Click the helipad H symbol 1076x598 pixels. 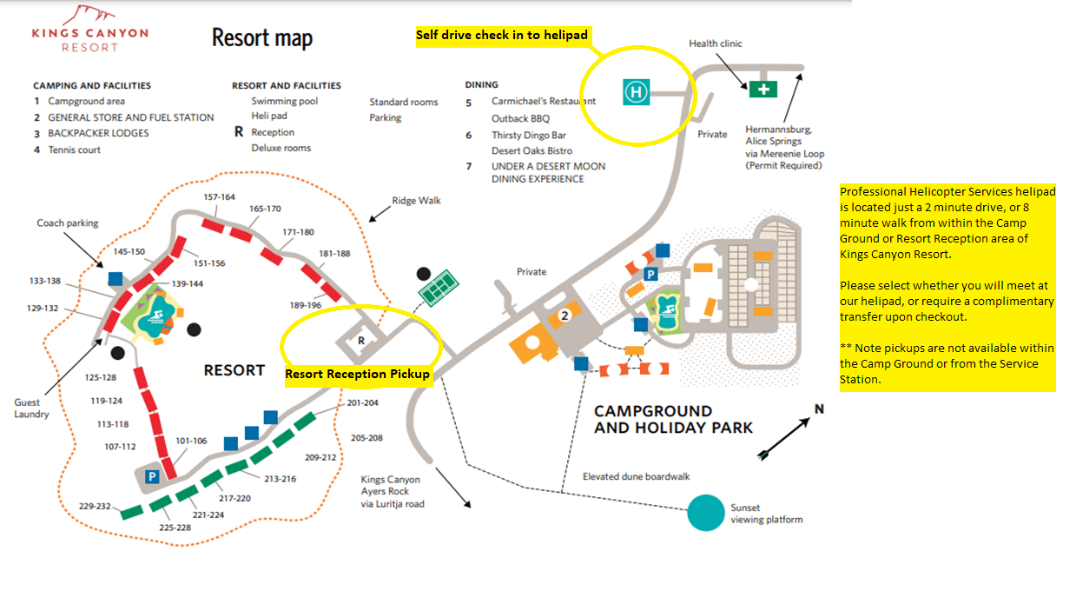(x=637, y=91)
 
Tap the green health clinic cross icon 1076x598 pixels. (x=764, y=89)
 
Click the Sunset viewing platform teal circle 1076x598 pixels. (x=705, y=513)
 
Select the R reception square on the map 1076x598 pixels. (x=361, y=342)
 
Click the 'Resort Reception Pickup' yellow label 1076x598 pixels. (x=358, y=375)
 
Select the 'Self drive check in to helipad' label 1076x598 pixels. (x=502, y=36)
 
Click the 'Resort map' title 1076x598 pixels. (x=262, y=38)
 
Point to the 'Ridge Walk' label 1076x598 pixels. (x=416, y=201)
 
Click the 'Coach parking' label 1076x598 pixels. (x=68, y=223)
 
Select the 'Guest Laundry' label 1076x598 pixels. (x=32, y=409)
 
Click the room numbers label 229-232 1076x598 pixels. (x=96, y=507)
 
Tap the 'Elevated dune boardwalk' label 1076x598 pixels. (x=637, y=477)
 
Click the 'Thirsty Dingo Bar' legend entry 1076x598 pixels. (x=528, y=136)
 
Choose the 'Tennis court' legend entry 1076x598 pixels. (x=74, y=149)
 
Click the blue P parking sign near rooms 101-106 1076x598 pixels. (x=152, y=476)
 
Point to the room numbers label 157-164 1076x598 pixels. (x=219, y=196)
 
